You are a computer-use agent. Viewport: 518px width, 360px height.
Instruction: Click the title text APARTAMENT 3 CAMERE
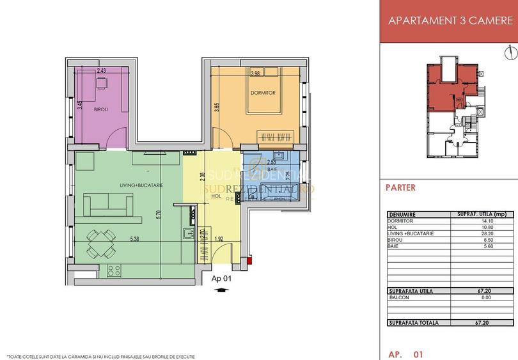pyautogui.click(x=450, y=20)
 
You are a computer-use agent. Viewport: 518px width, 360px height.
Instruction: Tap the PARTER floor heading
pyautogui.click(x=401, y=188)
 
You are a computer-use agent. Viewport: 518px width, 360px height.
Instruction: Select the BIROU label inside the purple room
pyautogui.click(x=100, y=110)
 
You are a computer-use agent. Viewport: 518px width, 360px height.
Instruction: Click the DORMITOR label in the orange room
pyautogui.click(x=263, y=93)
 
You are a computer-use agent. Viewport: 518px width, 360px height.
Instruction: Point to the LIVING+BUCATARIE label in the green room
pyautogui.click(x=141, y=185)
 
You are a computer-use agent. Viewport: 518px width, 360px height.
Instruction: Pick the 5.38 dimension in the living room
pyautogui.click(x=135, y=240)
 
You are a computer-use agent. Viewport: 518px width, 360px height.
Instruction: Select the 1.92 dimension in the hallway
pyautogui.click(x=219, y=240)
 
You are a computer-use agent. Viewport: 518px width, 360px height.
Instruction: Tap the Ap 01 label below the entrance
pyautogui.click(x=220, y=279)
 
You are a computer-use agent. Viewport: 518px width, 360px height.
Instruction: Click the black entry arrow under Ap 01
pyautogui.click(x=221, y=290)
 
